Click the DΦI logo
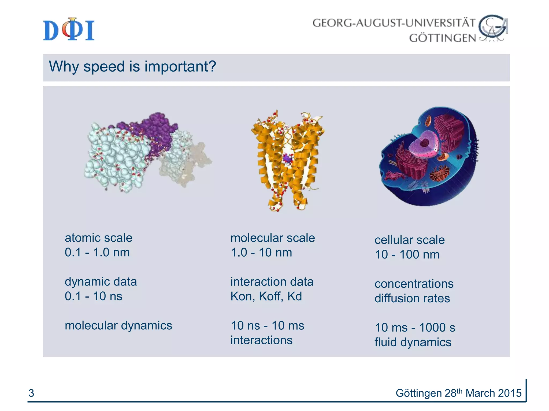click(69, 30)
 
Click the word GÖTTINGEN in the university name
click(442, 38)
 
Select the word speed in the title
click(104, 67)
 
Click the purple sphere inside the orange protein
click(287, 158)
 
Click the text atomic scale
click(98, 238)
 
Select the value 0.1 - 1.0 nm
click(97, 253)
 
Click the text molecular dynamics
click(118, 326)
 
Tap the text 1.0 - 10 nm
click(261, 253)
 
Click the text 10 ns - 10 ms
click(267, 326)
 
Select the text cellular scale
click(409, 240)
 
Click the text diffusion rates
click(412, 298)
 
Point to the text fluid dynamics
click(413, 342)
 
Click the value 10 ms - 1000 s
click(415, 328)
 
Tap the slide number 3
click(31, 393)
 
